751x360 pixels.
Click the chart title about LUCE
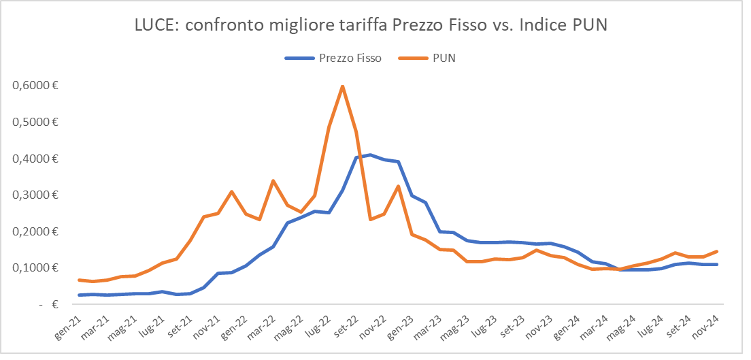[x=370, y=25]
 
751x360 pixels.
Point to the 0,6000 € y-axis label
[x=33, y=86]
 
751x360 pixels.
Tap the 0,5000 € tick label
[x=33, y=122]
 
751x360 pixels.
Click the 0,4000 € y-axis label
[x=33, y=159]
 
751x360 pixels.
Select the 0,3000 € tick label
[x=33, y=195]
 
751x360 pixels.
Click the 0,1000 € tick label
[x=33, y=268]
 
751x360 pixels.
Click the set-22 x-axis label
[x=345, y=325]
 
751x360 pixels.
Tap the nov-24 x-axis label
[x=705, y=325]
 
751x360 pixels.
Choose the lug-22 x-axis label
[x=318, y=325]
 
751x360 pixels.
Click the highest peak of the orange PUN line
[x=342, y=86]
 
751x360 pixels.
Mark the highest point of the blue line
[x=370, y=155]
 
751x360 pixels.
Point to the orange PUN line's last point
[x=717, y=251]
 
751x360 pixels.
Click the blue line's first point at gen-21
[x=80, y=295]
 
